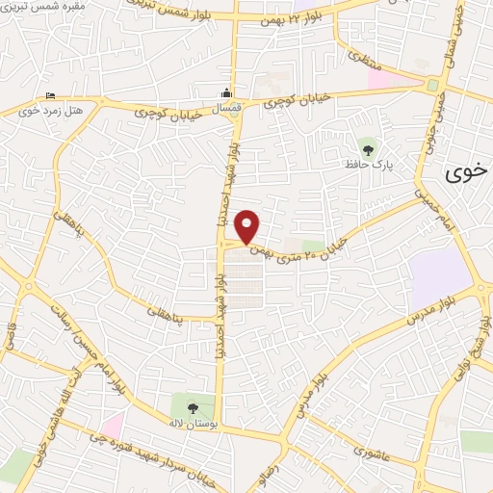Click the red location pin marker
pyautogui.click(x=247, y=224)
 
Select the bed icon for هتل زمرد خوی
pyautogui.click(x=49, y=95)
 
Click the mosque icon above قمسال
pyautogui.click(x=224, y=93)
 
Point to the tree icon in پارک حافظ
pyautogui.click(x=367, y=147)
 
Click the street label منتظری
pyautogui.click(x=359, y=58)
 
